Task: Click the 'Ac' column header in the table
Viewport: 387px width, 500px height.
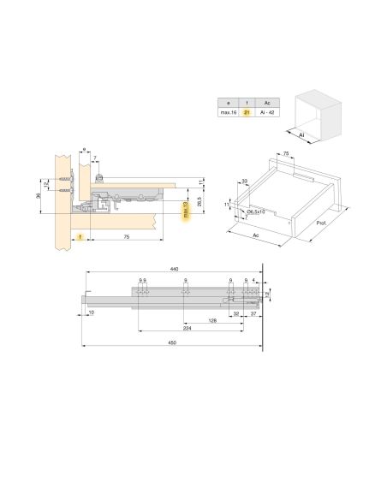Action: (269, 101)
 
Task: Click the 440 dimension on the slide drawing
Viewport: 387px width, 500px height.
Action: (174, 269)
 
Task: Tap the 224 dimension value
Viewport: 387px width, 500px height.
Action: (186, 328)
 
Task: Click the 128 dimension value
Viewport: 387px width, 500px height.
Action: (211, 320)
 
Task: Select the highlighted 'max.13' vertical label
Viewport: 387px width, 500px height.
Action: (185, 211)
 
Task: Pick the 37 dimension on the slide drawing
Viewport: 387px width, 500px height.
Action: (254, 313)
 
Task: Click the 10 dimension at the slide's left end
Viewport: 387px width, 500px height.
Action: (90, 313)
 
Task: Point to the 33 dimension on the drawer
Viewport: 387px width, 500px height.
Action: (244, 181)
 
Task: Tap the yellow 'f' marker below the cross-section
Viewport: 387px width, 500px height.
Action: (79, 235)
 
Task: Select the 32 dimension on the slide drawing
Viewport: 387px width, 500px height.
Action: (235, 313)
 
